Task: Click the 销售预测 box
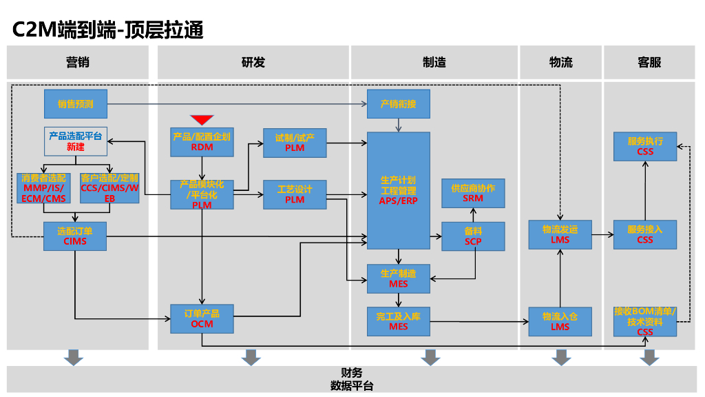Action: tap(76, 104)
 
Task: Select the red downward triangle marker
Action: tap(202, 120)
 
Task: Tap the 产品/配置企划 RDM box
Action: tap(202, 141)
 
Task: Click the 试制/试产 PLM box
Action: tap(295, 143)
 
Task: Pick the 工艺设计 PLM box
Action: tap(295, 194)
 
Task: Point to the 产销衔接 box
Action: tap(398, 104)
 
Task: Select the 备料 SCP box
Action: tap(473, 236)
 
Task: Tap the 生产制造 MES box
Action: tap(398, 278)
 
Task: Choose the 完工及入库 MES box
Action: tap(398, 321)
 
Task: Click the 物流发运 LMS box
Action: tap(560, 234)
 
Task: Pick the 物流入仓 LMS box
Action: tap(560, 321)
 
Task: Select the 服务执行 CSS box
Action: tap(645, 146)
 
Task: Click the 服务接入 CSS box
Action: tap(645, 234)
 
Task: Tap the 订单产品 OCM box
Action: tap(202, 318)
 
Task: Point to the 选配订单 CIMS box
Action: tap(75, 236)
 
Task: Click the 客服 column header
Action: tap(649, 63)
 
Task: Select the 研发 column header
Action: tap(253, 63)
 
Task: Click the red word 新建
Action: tap(76, 147)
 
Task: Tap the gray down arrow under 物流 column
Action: tap(561, 357)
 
